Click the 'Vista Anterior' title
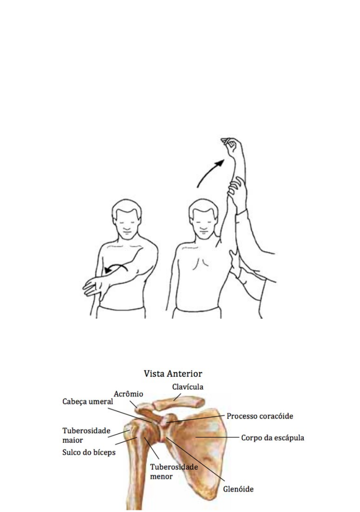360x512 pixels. pos(173,374)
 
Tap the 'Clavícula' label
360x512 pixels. pos(188,387)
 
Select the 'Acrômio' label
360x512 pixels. pos(128,394)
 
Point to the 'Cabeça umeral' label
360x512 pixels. pos(88,402)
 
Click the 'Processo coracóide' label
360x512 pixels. pos(260,416)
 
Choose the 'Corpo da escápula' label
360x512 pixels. pos(272,438)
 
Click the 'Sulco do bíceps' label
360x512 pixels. pos(89,452)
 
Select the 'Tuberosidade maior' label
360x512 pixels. pos(86,435)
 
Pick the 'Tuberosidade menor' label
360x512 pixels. pos(174,471)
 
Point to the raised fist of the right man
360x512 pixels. pos(231,145)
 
